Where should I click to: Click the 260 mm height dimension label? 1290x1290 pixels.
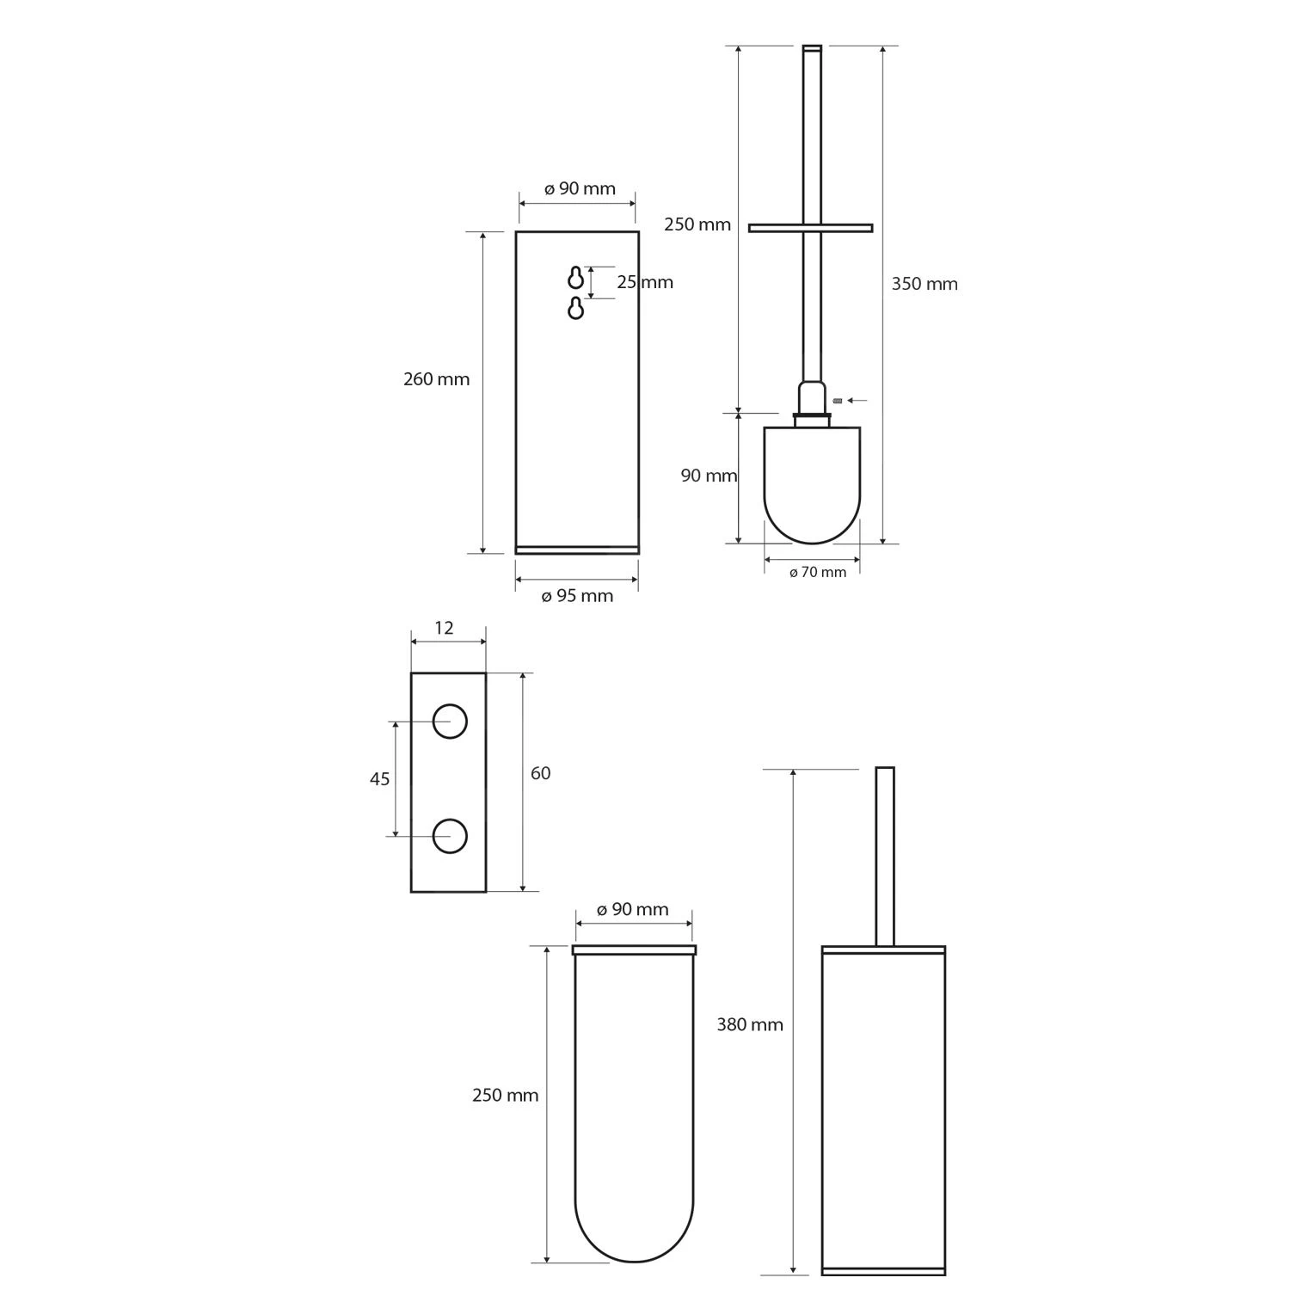click(x=437, y=378)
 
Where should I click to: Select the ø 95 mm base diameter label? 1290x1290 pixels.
click(x=577, y=596)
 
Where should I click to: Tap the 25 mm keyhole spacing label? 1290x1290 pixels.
click(x=645, y=282)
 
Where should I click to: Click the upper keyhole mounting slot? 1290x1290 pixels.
click(x=576, y=278)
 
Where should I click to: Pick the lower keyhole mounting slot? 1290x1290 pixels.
click(x=576, y=308)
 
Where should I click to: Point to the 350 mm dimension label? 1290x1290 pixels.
click(x=924, y=284)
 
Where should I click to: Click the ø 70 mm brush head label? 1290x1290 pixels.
click(x=818, y=572)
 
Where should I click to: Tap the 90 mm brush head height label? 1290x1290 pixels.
click(x=709, y=476)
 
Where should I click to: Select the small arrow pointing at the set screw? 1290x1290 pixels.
click(x=857, y=400)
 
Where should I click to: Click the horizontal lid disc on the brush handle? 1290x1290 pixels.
click(x=810, y=228)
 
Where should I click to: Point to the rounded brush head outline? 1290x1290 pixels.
click(x=812, y=543)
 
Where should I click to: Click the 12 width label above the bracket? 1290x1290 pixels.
click(x=444, y=628)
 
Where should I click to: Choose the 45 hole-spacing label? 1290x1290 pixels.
click(x=379, y=779)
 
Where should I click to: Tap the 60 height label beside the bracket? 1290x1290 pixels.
click(x=540, y=773)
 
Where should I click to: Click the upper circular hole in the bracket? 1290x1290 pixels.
click(x=450, y=721)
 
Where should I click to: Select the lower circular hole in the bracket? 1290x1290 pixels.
click(x=450, y=836)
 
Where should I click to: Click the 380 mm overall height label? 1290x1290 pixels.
click(x=750, y=1024)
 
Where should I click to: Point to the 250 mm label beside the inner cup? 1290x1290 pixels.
click(x=506, y=1095)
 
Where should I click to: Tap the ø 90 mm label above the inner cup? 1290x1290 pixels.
click(x=632, y=910)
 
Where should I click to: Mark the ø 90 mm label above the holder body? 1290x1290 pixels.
click(x=580, y=188)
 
